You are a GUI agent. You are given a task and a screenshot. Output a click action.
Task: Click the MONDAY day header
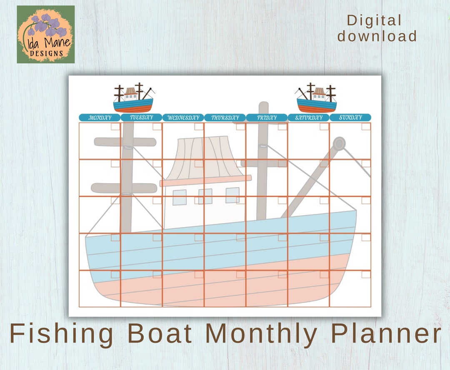pyautogui.click(x=100, y=118)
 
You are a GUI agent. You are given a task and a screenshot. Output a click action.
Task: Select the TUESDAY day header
pyautogui.click(x=141, y=118)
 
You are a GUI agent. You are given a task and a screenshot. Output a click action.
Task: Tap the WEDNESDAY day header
pyautogui.click(x=183, y=118)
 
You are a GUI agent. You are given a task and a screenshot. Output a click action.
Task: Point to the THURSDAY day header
pyautogui.click(x=225, y=118)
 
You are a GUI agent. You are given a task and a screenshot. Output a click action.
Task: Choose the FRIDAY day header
pyautogui.click(x=267, y=118)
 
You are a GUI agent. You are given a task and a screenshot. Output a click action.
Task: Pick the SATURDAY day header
pyautogui.click(x=308, y=118)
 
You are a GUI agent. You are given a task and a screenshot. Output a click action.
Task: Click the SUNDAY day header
pyautogui.click(x=350, y=118)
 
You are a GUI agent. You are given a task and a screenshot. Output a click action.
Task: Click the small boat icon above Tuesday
pyautogui.click(x=133, y=98)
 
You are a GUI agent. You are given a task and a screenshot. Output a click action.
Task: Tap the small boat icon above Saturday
pyautogui.click(x=316, y=98)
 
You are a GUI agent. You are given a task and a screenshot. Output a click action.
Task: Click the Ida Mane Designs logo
pyautogui.click(x=46, y=34)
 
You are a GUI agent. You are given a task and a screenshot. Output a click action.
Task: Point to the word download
pyautogui.click(x=377, y=36)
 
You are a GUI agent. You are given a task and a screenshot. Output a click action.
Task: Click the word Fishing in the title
pyautogui.click(x=62, y=334)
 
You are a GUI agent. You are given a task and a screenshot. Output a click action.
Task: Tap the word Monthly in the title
pyautogui.click(x=261, y=334)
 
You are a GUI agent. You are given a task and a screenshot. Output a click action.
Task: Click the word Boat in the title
pyautogui.click(x=160, y=334)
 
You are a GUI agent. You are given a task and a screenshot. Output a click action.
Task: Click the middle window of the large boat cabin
pyautogui.click(x=205, y=196)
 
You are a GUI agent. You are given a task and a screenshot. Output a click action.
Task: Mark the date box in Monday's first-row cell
pyautogui.click(x=115, y=127)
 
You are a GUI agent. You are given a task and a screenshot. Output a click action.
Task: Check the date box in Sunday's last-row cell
pyautogui.click(x=366, y=274)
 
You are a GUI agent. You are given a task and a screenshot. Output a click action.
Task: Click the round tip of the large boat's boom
pyautogui.click(x=339, y=144)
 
